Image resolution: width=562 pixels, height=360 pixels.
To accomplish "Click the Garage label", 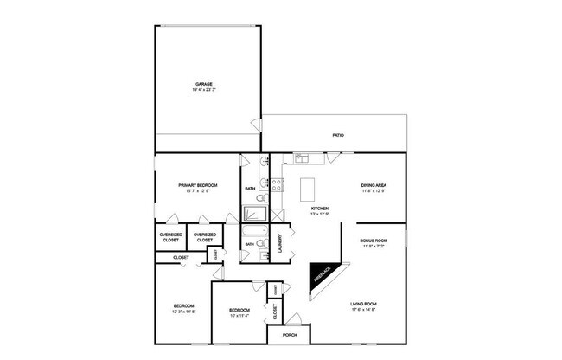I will point(203,84).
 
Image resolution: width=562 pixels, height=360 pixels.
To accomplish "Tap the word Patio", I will point(339,136).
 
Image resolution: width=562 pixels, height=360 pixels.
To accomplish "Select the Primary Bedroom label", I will point(197,185).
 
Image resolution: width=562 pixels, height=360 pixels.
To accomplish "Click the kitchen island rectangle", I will point(309,189).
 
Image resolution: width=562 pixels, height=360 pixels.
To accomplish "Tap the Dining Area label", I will point(374,185).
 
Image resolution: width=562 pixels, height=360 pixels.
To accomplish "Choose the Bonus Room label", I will point(374,240).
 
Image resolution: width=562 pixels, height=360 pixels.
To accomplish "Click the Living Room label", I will point(364,304).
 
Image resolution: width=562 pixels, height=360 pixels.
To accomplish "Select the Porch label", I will point(290,335).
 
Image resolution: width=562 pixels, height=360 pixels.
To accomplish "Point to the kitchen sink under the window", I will point(302,158).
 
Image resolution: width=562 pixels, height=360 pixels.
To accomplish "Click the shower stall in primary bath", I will point(255,212).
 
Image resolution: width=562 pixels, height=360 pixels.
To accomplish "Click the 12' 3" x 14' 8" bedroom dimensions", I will point(183,312).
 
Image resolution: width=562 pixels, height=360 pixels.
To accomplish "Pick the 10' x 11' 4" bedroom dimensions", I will point(239,316).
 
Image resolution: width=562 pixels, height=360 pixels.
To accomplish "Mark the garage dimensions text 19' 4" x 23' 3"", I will point(203,90).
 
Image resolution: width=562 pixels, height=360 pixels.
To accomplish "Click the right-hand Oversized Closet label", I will point(205,237).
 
